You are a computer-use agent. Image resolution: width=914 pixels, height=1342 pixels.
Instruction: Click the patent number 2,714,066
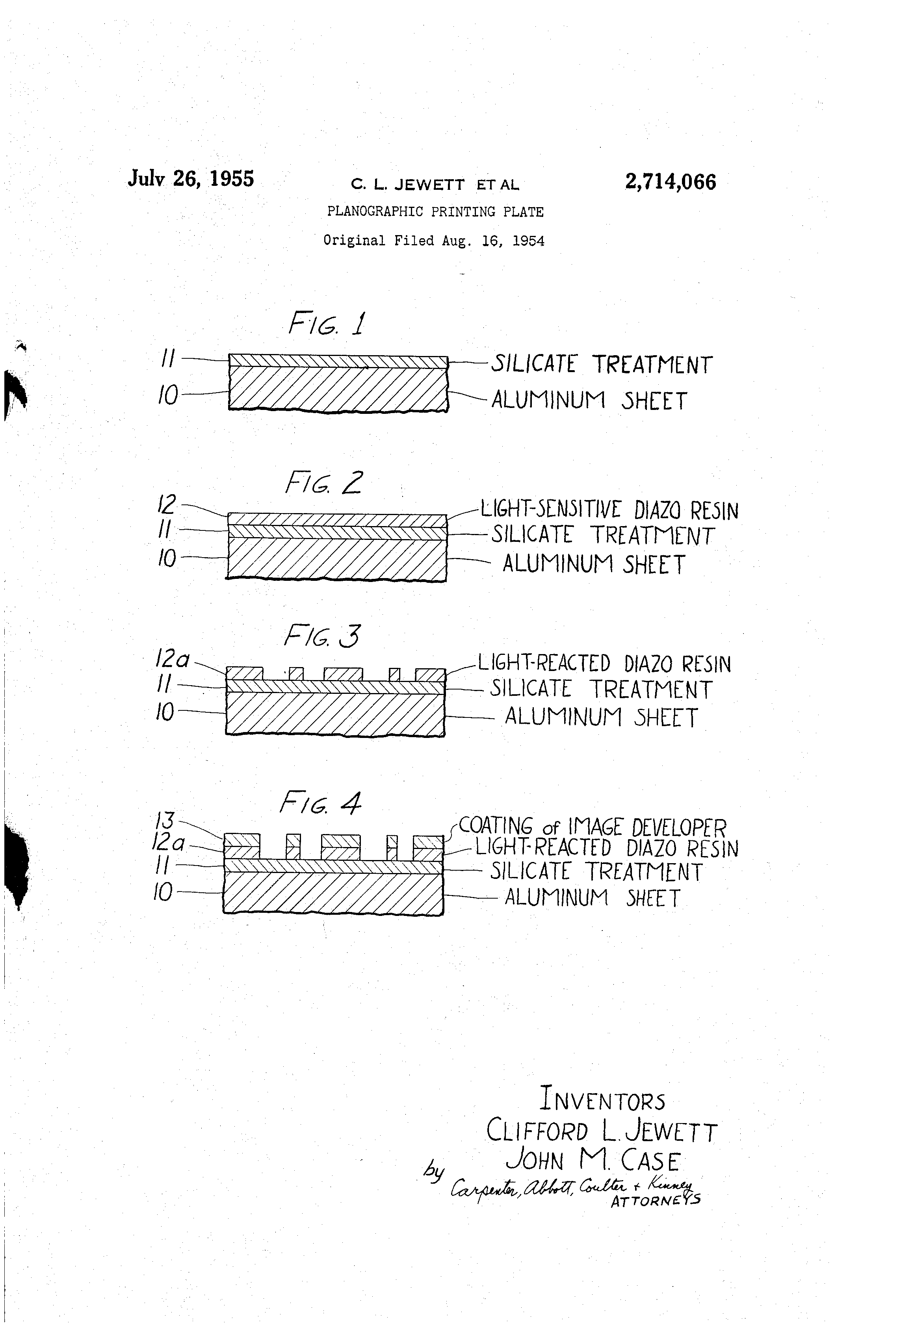670,182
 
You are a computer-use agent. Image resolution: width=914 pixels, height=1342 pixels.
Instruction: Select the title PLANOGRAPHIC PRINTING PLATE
435,212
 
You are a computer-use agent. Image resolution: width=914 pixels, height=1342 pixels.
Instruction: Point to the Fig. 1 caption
327,323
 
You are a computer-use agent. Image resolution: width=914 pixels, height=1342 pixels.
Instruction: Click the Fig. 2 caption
323,483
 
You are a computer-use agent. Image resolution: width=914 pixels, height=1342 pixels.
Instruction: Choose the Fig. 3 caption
322,636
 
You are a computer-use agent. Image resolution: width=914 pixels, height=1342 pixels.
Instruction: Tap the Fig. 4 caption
321,803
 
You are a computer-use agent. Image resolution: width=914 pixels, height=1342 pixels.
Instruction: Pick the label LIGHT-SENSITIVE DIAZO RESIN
609,510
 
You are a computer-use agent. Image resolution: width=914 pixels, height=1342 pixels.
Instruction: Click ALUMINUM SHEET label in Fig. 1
589,400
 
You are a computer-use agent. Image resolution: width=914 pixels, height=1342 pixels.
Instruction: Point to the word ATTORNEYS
656,1201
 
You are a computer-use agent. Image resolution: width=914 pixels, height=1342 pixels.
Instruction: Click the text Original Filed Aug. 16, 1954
434,241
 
